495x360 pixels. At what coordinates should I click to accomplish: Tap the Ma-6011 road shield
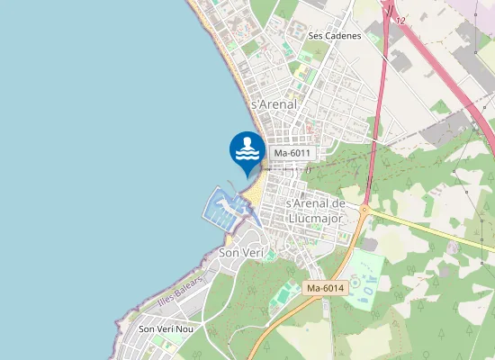click(x=292, y=154)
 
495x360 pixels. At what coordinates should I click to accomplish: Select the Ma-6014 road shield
click(x=325, y=288)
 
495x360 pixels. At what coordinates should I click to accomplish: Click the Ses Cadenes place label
click(x=334, y=36)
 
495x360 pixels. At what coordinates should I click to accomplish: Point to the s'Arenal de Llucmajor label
click(x=315, y=210)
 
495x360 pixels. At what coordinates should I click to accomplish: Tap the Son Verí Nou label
click(x=166, y=329)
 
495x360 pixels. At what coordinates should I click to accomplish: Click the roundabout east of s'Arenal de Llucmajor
click(x=364, y=211)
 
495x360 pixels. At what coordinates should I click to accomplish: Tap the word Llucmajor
click(x=315, y=217)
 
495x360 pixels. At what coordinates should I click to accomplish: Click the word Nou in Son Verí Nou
click(x=184, y=329)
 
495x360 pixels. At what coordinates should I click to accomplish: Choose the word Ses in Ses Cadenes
click(x=315, y=36)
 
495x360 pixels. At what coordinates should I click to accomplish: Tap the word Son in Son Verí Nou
click(x=147, y=329)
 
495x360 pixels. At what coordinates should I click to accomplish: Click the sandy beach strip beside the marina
click(x=255, y=189)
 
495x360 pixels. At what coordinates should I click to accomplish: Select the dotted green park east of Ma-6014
click(x=365, y=279)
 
